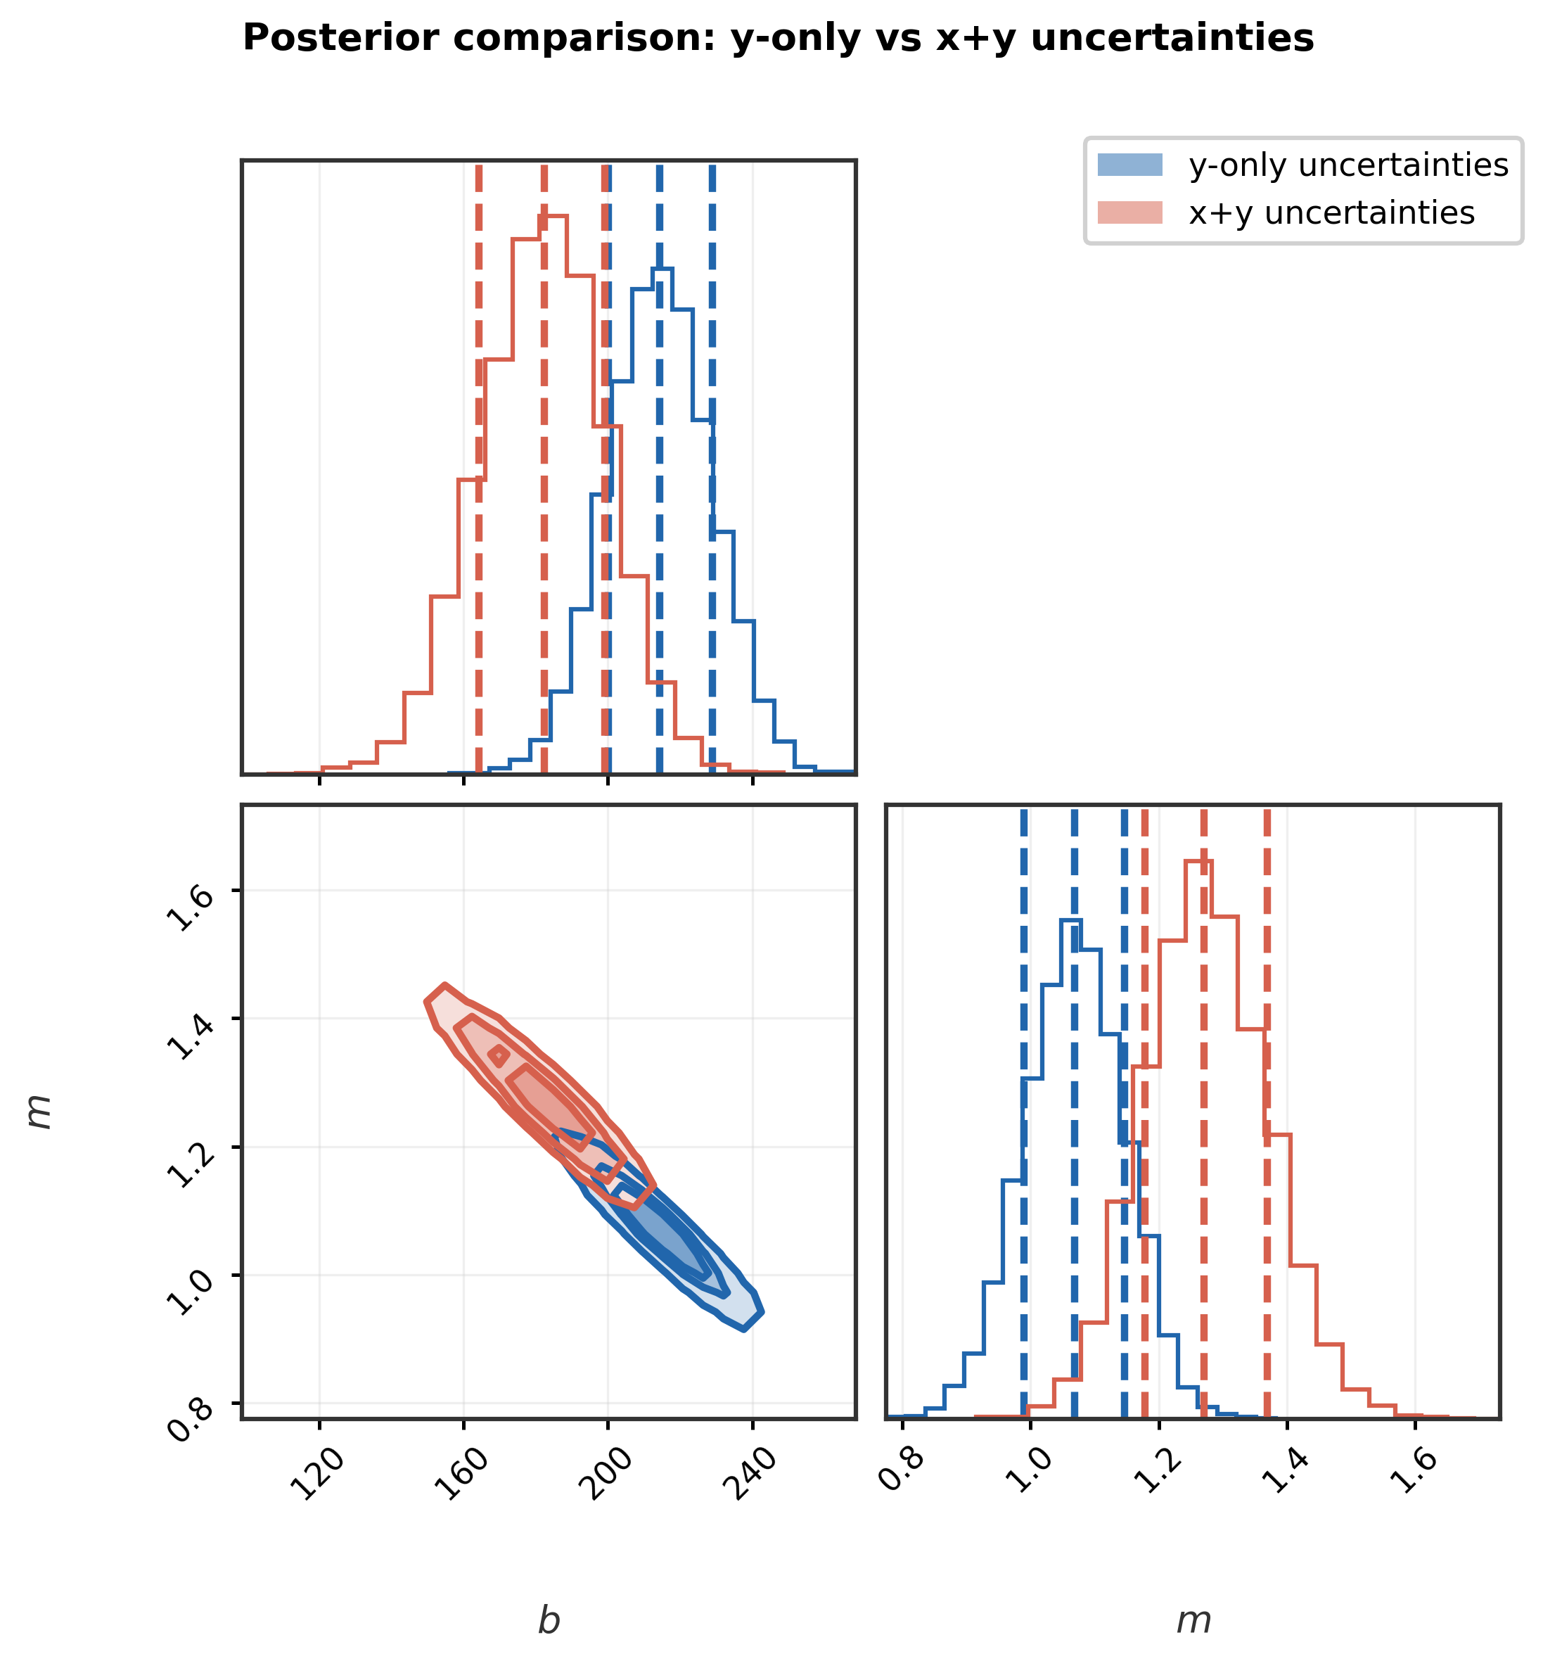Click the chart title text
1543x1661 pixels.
click(x=777, y=39)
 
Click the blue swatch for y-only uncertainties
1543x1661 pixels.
click(x=1129, y=165)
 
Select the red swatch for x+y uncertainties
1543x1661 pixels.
click(x=1129, y=213)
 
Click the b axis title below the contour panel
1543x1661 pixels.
click(x=549, y=1621)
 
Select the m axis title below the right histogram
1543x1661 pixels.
click(x=1193, y=1621)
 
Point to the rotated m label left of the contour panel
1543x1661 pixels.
click(x=39, y=1112)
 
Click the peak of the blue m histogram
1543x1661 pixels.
click(x=1071, y=919)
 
